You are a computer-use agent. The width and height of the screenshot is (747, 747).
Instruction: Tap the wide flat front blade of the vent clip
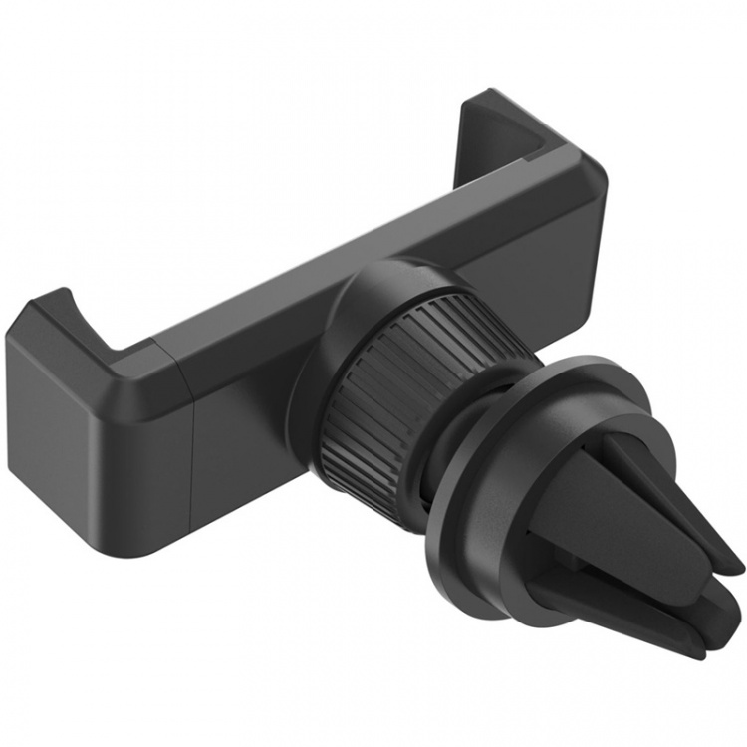click(588, 518)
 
